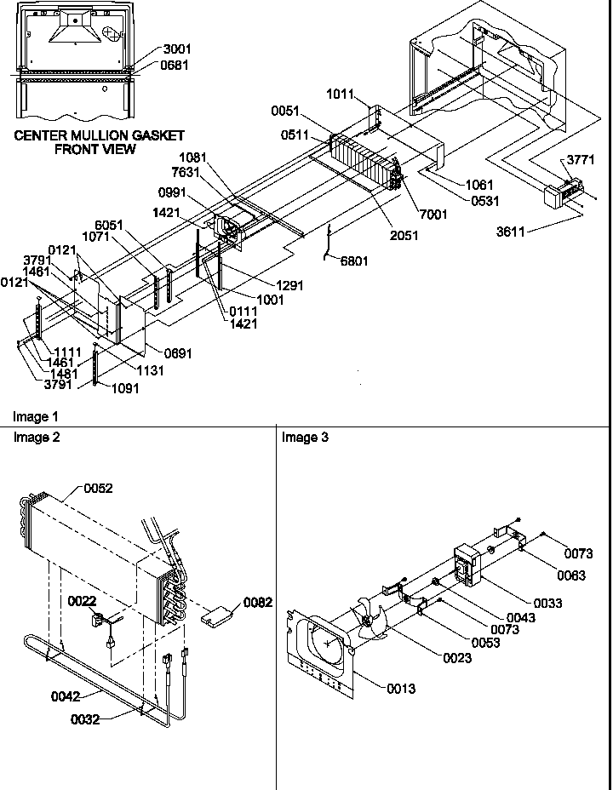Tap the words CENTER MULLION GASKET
(100, 135)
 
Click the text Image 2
(37, 438)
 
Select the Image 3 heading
(304, 438)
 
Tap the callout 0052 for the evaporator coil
(98, 489)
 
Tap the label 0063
(572, 575)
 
